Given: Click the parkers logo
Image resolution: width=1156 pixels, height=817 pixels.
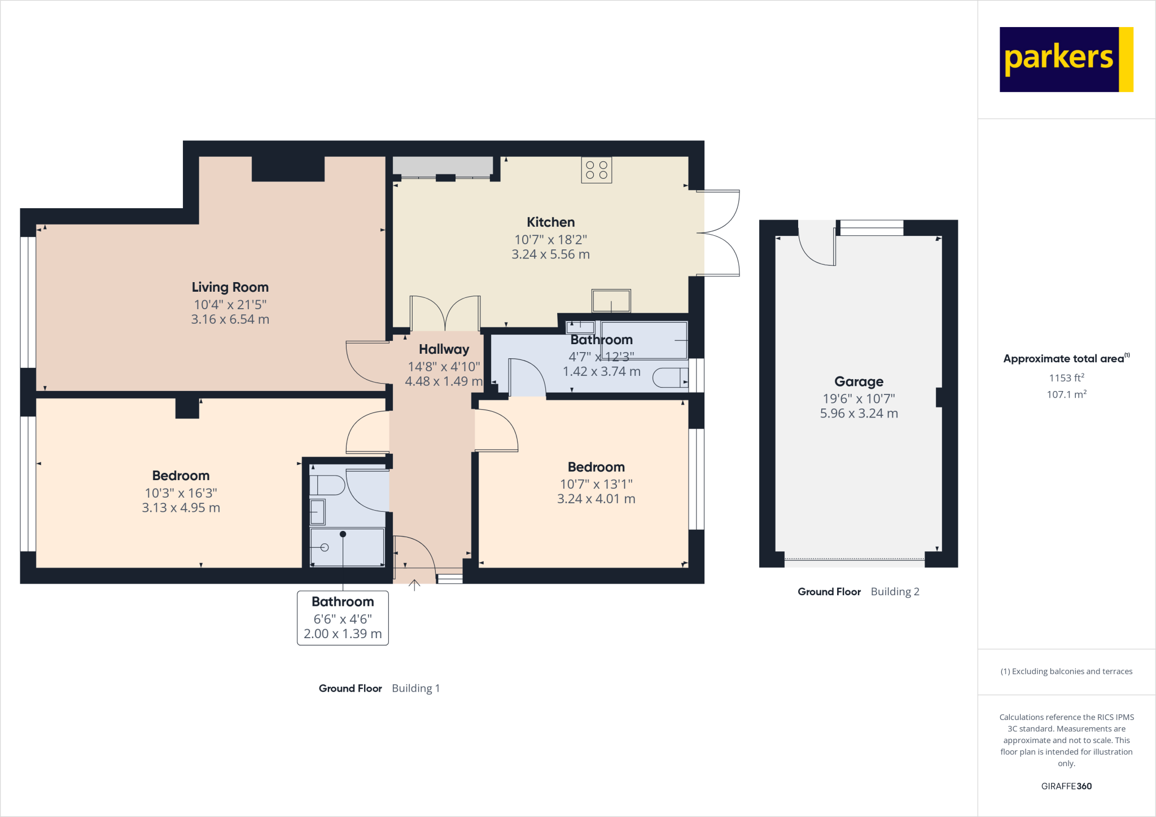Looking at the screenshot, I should [x=1066, y=59].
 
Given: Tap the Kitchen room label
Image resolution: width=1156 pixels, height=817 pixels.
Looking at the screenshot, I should [x=550, y=222].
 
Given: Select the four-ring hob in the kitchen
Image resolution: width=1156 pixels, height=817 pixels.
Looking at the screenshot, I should [x=596, y=170].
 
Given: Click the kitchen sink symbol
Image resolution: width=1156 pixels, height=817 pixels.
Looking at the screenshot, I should [x=611, y=301].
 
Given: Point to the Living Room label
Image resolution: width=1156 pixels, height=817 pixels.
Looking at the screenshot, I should [x=230, y=287].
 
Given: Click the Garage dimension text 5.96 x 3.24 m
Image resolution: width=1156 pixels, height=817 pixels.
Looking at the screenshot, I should [x=859, y=414].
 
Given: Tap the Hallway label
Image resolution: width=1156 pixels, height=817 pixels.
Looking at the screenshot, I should [x=444, y=349].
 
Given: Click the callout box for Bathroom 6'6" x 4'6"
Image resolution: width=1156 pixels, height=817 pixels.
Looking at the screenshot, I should [x=343, y=618].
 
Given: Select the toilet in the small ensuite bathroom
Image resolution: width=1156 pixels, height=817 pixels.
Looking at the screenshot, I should [x=328, y=485].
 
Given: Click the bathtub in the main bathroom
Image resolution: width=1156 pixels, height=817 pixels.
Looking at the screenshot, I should [x=644, y=340].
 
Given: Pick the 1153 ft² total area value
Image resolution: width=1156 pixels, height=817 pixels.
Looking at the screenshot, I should [x=1066, y=378].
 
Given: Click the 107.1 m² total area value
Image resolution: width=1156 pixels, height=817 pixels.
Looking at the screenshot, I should [x=1066, y=394].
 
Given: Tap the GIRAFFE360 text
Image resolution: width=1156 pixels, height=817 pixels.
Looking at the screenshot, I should [x=1066, y=786].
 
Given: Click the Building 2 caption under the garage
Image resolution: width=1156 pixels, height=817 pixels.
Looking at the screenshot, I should [x=895, y=591].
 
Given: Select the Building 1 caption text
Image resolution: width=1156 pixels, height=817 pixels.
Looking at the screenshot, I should [x=415, y=688].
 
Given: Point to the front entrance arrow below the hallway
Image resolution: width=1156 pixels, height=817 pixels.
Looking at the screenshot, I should [x=414, y=585].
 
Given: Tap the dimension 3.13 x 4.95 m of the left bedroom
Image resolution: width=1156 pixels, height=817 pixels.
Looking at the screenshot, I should [x=181, y=508].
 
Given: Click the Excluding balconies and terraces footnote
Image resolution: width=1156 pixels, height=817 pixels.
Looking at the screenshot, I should [x=1066, y=671].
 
